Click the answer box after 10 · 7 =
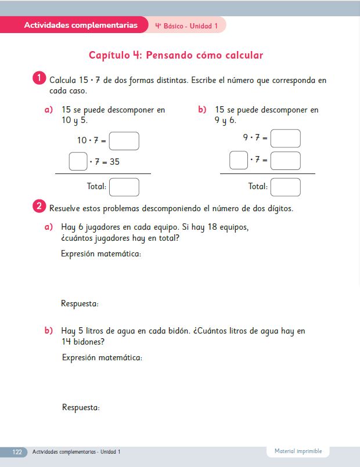[x=124, y=141]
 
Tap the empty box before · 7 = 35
[x=78, y=161]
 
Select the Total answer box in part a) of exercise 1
[x=124, y=187]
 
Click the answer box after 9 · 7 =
[x=285, y=139]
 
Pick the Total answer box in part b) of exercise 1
[x=285, y=187]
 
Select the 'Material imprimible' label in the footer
[x=298, y=451]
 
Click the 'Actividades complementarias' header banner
[x=81, y=25]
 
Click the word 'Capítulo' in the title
[x=110, y=56]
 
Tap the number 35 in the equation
[x=114, y=162]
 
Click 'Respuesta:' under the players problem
[x=80, y=303]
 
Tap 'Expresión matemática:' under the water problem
[x=102, y=357]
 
